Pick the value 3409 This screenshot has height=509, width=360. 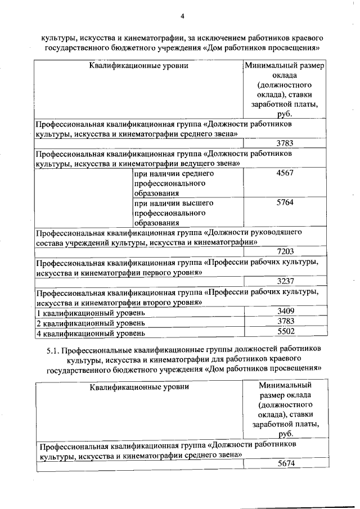point(286,311)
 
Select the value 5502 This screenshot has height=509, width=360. point(286,332)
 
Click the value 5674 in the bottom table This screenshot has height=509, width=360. point(286,464)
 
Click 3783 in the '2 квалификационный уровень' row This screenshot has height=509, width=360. point(286,321)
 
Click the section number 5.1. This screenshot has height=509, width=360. point(52,349)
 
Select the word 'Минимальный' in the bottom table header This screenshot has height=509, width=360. point(285,385)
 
